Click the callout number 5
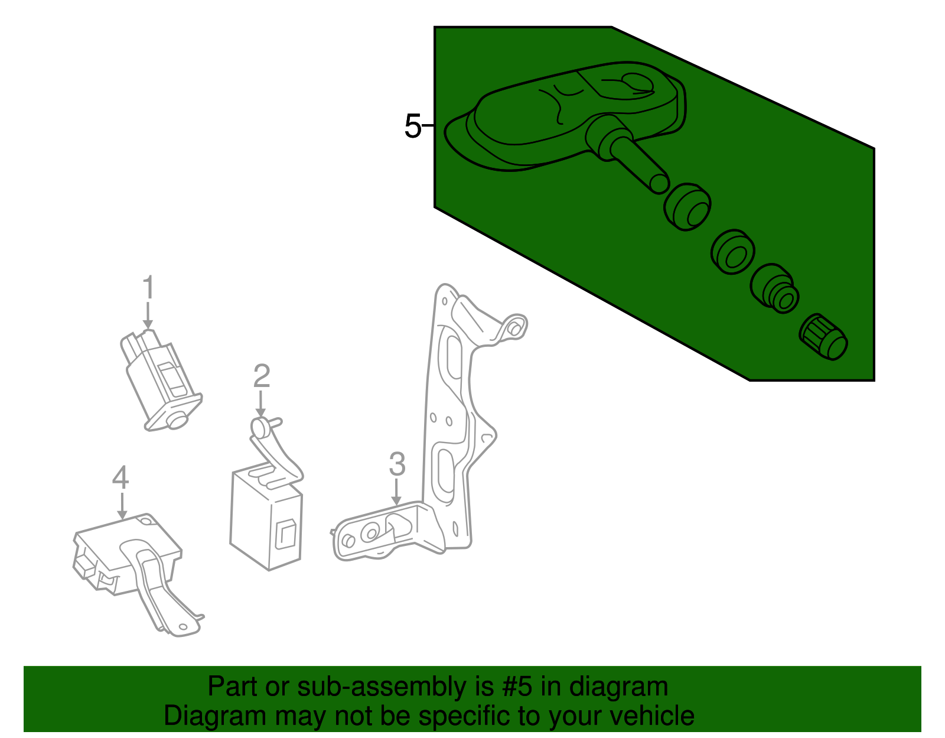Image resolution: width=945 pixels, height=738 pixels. coord(412,126)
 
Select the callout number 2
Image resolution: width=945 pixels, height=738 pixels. coord(262,376)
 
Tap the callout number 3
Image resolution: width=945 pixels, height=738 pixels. coord(397,464)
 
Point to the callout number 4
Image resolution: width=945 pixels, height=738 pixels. coord(120,477)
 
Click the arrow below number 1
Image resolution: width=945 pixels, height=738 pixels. coord(148,316)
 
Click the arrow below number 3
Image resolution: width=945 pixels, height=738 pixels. coord(396,492)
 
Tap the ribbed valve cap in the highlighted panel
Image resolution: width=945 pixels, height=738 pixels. coord(824,337)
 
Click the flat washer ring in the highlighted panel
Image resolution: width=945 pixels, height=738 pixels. coord(732,253)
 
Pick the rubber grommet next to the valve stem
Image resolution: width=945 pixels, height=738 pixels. coord(687,207)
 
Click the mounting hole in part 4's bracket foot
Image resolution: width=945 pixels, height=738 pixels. coord(183,627)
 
